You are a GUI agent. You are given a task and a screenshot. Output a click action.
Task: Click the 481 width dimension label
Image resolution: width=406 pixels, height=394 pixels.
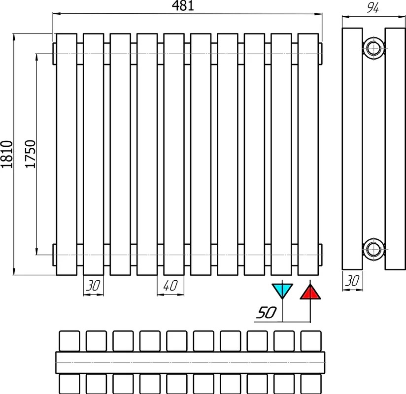pos(183,6)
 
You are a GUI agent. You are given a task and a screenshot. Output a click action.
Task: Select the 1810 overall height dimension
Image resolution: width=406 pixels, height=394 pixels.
pos(7,154)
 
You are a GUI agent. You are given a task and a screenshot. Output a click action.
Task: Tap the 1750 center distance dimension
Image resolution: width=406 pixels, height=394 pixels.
pos(30,154)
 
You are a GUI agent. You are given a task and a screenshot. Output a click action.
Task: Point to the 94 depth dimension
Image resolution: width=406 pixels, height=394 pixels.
pos(373,8)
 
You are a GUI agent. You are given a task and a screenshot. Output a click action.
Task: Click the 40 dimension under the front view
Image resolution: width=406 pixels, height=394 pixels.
pos(170,286)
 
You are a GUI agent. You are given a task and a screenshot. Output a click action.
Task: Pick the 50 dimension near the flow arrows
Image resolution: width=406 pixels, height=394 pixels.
pos(267,312)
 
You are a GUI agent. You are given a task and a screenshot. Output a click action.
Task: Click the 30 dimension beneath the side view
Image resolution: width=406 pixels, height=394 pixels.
pos(352,280)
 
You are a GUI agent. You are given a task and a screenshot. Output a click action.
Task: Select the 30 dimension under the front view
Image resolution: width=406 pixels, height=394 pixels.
pos(93,286)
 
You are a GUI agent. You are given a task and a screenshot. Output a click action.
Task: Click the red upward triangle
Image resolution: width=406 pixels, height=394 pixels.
pos(310,292)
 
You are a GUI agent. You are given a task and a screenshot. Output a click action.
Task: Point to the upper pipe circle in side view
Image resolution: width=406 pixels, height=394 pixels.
pos(373,48)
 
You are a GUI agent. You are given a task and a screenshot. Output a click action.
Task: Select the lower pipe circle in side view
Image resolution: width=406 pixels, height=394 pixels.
pos(373,249)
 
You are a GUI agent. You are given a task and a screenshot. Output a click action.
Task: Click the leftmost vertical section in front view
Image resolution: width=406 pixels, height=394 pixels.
pos(67,154)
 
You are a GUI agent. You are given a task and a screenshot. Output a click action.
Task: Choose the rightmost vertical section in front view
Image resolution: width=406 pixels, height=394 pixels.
pos(308,154)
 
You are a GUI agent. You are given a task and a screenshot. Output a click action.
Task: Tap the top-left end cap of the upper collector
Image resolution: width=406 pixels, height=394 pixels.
pos(55,54)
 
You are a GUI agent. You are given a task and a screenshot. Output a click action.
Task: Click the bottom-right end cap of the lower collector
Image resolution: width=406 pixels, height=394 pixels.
pos(320,255)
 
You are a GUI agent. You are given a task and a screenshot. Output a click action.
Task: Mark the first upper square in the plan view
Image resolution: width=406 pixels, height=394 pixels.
pos(69,341)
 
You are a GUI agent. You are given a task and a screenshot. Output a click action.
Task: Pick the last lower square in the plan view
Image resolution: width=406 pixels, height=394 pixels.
pos(311,384)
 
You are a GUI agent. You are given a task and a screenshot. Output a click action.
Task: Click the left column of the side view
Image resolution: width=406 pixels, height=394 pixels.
pos(352,149)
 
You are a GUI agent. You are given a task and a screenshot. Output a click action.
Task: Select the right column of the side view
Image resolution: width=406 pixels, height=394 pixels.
pos(395,149)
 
